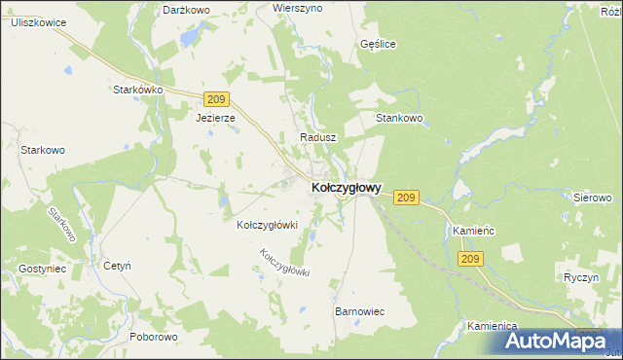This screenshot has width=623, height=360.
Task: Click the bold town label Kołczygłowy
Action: coord(346,187)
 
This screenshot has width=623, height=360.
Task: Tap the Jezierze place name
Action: coord(215,118)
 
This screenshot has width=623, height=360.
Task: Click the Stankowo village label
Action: coord(399,119)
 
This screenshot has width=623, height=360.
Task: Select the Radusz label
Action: coord(318,138)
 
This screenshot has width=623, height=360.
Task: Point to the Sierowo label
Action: coord(591,197)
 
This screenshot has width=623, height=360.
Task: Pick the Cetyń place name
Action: coord(117,265)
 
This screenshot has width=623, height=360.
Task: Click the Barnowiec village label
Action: coord(360,311)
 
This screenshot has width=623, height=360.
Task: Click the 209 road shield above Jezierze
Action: coord(217,98)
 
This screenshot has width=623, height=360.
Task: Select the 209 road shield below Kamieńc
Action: coord(471,258)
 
